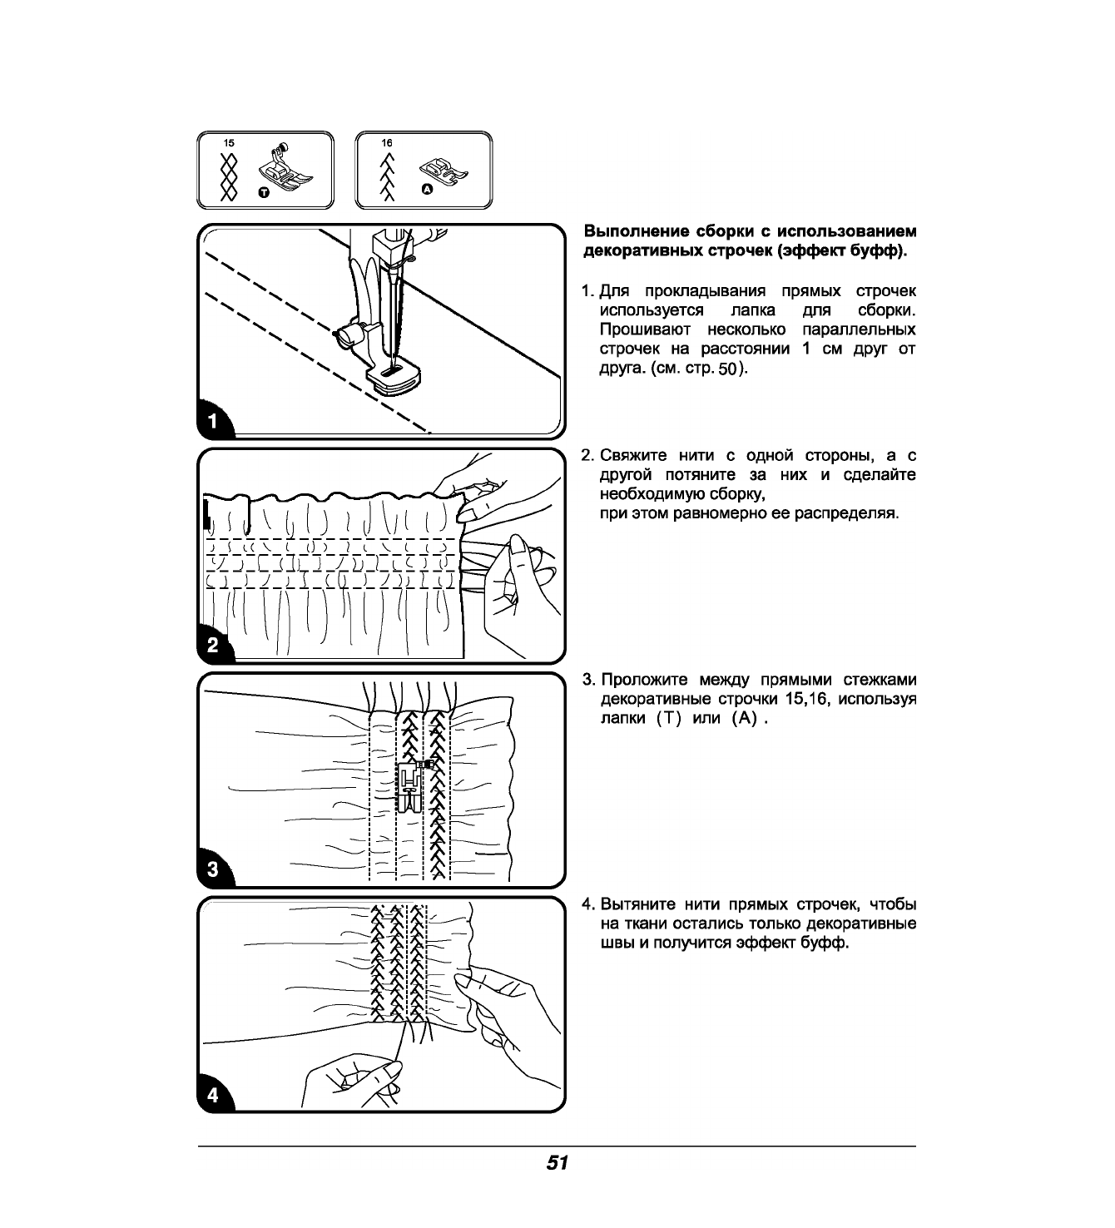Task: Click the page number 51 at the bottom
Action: point(557,1163)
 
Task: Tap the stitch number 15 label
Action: point(228,143)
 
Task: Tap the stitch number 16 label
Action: point(387,143)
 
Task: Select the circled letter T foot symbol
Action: point(264,192)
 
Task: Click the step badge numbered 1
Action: point(213,421)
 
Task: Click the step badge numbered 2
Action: point(213,646)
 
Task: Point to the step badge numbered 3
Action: point(213,870)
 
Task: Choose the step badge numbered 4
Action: point(213,1095)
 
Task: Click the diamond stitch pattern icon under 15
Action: point(228,176)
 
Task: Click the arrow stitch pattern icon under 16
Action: point(387,177)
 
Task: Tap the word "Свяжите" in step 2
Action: point(633,456)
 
